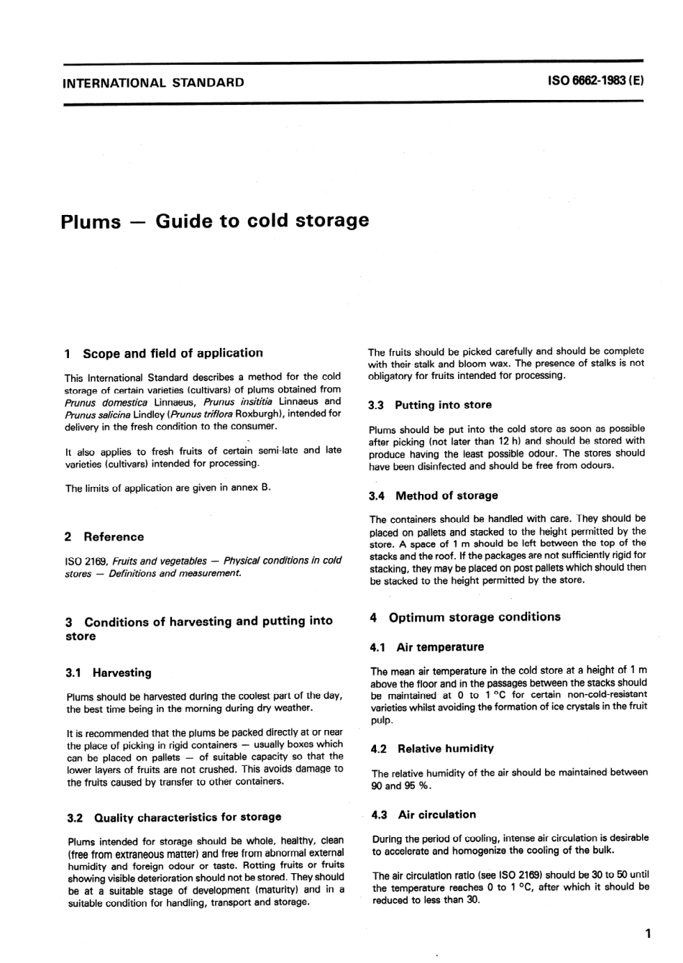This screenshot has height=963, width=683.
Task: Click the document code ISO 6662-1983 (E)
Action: click(596, 81)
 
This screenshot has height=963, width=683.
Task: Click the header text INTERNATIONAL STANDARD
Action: click(153, 83)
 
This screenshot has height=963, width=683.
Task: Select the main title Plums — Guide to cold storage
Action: click(215, 220)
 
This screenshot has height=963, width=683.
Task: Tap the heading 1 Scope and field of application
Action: click(164, 353)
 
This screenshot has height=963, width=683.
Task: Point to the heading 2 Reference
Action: click(104, 537)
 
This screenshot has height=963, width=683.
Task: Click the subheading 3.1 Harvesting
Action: click(109, 673)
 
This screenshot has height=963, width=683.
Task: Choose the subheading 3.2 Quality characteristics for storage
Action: click(174, 818)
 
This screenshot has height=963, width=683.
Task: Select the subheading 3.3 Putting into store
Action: click(430, 406)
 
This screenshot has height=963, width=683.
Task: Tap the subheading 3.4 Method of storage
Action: click(434, 496)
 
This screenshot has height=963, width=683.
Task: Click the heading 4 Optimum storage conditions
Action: click(465, 617)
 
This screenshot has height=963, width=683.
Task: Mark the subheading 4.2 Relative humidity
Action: click(433, 749)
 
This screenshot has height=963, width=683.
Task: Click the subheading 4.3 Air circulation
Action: click(424, 815)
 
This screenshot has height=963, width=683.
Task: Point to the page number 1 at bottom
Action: click(647, 934)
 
